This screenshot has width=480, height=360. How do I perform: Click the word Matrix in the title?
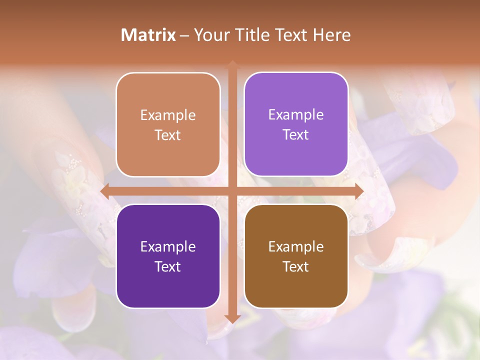(x=148, y=35)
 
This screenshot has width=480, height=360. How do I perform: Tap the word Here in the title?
(x=331, y=35)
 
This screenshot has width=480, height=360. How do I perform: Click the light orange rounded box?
(x=168, y=125)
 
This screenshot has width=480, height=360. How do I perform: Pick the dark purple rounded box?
(x=168, y=256)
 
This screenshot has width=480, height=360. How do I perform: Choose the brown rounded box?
(x=296, y=256)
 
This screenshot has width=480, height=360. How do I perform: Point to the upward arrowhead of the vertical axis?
(x=232, y=65)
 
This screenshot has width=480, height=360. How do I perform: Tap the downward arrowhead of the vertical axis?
(x=232, y=318)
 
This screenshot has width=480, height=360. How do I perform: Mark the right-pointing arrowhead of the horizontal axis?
(x=358, y=191)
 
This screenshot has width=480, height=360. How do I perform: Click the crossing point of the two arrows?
(x=232, y=191)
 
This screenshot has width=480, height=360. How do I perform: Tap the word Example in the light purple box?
(x=296, y=114)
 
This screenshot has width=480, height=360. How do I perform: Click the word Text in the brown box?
(x=296, y=266)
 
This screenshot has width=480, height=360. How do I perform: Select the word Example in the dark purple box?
(x=168, y=246)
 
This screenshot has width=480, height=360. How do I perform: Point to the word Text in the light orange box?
(x=168, y=135)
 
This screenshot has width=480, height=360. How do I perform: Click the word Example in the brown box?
(x=296, y=246)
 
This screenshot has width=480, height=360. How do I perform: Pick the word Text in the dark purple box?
(x=168, y=266)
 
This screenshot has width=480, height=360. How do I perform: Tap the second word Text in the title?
(x=291, y=35)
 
